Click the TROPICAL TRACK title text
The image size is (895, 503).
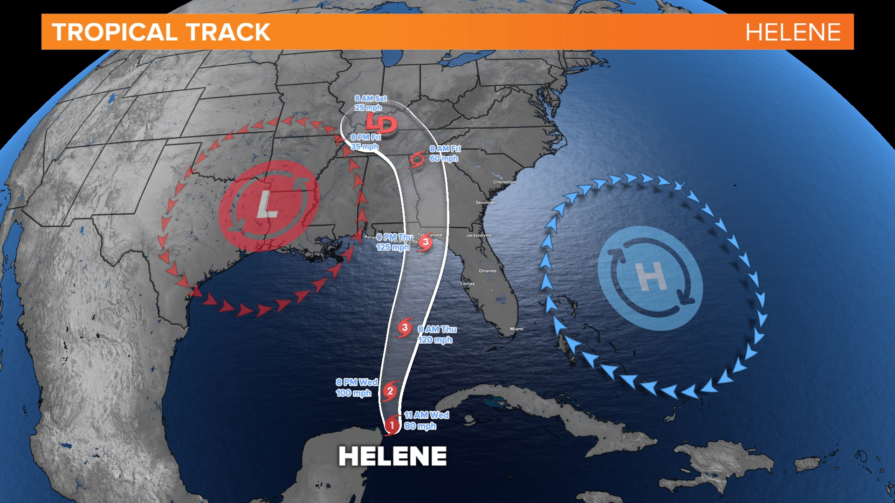tap(161, 32)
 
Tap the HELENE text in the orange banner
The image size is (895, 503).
tap(792, 32)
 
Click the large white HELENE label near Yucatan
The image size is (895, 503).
tap(392, 456)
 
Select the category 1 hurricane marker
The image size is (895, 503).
tap(392, 425)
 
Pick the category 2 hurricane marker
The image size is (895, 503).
tap(390, 391)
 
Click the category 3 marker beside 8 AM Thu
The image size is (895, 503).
tap(405, 328)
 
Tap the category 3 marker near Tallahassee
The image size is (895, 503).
tap(425, 242)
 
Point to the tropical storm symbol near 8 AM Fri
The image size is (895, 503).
tap(417, 160)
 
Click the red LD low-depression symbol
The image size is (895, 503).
tap(381, 124)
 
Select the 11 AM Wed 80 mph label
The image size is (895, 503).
tap(426, 421)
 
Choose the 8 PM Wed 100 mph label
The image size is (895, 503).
tap(357, 387)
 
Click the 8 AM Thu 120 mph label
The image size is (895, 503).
tap(437, 334)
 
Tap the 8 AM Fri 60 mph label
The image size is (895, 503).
tap(445, 154)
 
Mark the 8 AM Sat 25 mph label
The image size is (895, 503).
tap(370, 103)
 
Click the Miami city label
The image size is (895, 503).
tap(516, 329)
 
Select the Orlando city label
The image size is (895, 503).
tap(488, 271)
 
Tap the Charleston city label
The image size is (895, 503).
tap(504, 182)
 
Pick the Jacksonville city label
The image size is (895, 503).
tap(479, 235)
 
